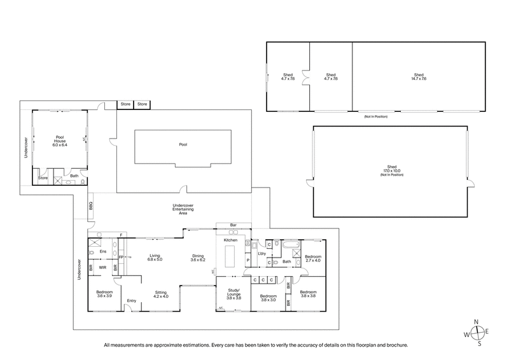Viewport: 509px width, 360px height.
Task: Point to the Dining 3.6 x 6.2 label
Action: coord(198,258)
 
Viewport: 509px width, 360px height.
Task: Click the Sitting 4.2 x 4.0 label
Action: coord(160,295)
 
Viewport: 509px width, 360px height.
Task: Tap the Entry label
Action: coord(132,300)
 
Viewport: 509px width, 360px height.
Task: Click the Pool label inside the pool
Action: coord(183,144)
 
